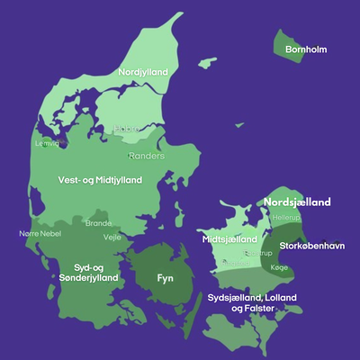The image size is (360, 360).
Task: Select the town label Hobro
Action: [x=126, y=129]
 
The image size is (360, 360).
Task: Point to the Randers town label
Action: [x=147, y=155]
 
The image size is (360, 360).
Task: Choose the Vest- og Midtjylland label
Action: [x=99, y=180]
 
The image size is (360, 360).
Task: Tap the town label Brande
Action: [x=98, y=223]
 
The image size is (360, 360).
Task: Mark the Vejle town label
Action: [x=112, y=238]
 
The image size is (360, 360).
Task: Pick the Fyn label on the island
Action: [x=165, y=279]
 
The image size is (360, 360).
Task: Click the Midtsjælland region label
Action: [x=228, y=240]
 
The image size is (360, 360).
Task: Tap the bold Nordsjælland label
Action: [x=297, y=202]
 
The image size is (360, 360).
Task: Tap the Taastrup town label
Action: [x=257, y=254]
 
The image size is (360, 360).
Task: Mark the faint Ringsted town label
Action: [x=236, y=262]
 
